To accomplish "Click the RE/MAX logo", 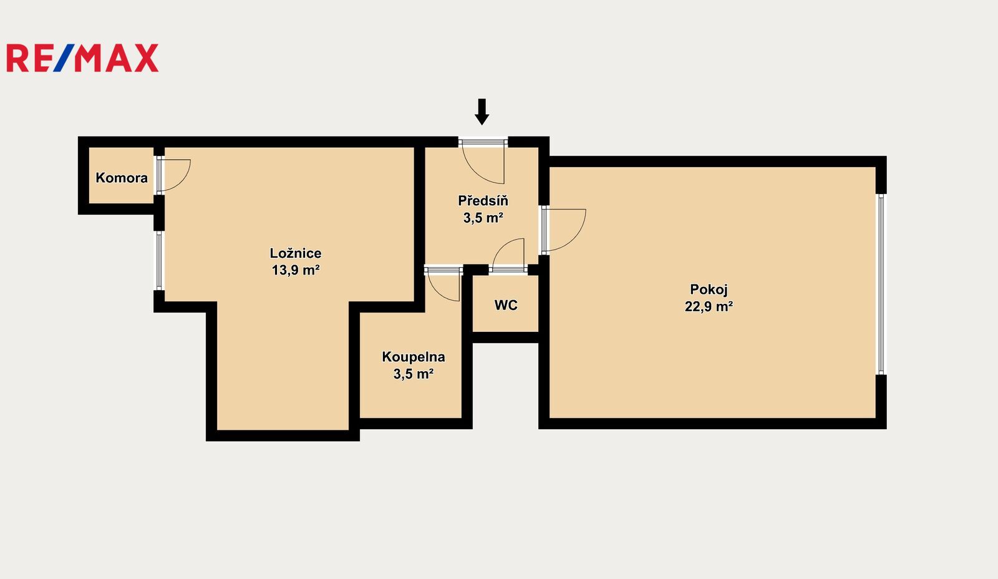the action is (82, 58).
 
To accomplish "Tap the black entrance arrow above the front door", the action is (482, 112).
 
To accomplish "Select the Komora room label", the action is (122, 178).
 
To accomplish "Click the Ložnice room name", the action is (296, 253).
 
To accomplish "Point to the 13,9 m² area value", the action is (296, 270).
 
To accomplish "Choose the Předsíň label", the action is (483, 200).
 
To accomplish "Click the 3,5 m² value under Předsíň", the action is (483, 218).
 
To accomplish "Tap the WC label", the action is (506, 305).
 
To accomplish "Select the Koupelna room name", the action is (414, 357).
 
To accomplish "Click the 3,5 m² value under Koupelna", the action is (414, 374).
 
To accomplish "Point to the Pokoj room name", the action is (709, 289).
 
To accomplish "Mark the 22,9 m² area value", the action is (709, 307).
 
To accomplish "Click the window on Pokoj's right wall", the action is (881, 285).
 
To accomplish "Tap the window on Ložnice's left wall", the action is (159, 261).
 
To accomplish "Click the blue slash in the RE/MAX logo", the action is (64, 58).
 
